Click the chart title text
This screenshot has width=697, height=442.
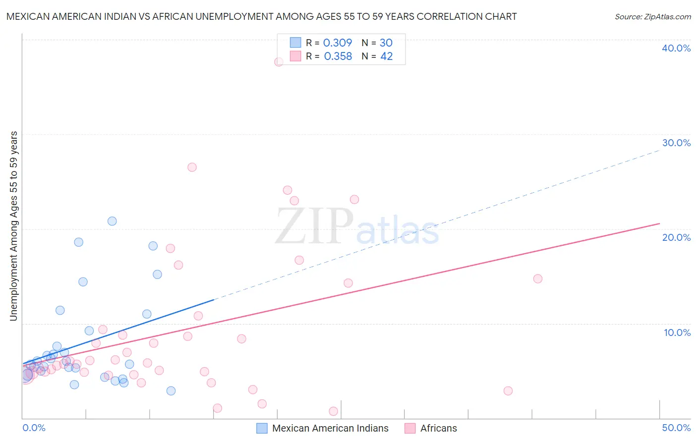(x=261, y=16)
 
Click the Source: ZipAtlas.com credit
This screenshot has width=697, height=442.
(x=652, y=17)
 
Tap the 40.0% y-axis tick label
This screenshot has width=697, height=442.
(x=676, y=48)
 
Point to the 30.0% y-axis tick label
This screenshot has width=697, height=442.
(x=676, y=143)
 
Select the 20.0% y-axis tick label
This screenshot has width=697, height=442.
(x=676, y=237)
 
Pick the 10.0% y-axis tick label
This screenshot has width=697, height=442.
(x=677, y=332)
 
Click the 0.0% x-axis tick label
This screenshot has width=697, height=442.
(x=34, y=428)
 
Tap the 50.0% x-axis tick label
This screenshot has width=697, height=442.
(x=676, y=428)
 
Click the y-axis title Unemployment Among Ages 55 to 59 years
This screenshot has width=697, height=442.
(x=14, y=226)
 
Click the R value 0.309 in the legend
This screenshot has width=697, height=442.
(x=338, y=43)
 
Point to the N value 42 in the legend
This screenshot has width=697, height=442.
(x=386, y=56)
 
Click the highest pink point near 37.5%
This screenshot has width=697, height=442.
(x=279, y=62)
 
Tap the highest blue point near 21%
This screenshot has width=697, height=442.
(x=112, y=221)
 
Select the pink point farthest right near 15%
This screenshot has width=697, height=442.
(x=538, y=278)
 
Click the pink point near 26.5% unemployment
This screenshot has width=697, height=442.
(x=192, y=167)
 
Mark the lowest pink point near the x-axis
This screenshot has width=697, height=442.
(x=333, y=411)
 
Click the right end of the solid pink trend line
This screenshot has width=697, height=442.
(x=659, y=223)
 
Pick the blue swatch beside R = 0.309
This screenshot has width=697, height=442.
(x=295, y=43)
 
